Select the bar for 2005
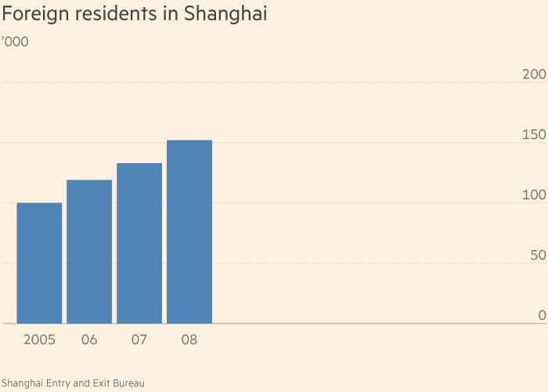[39, 263]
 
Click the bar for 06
[89, 251]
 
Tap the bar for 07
[139, 243]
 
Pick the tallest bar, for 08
[189, 231]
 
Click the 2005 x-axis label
[39, 340]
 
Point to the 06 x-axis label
[89, 340]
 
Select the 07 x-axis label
[139, 340]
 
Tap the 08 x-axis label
[189, 340]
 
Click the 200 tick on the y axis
[533, 74]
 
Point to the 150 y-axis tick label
[533, 135]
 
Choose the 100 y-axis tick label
[533, 195]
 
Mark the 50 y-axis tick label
[537, 256]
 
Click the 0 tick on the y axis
[542, 315]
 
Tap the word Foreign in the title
[31, 15]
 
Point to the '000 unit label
[15, 42]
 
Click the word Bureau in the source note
[128, 383]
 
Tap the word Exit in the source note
[101, 383]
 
